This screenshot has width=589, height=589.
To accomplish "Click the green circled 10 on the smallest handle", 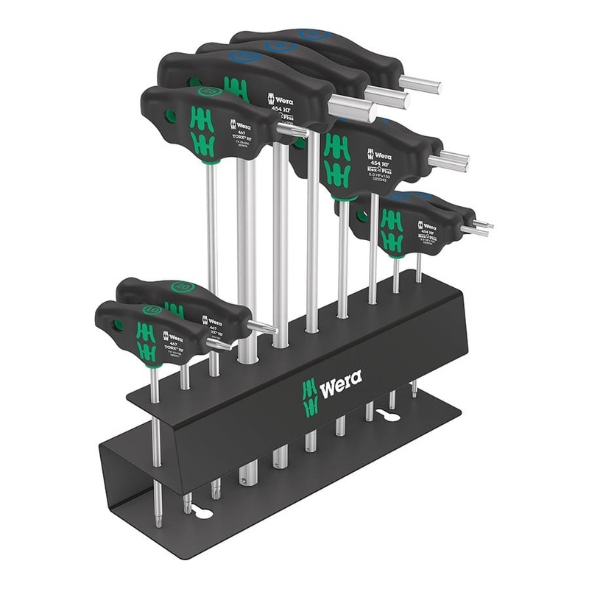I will (x=150, y=310).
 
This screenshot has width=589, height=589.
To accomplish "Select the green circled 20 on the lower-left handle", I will (x=182, y=286).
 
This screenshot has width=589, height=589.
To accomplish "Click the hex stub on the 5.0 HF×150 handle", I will (x=448, y=161).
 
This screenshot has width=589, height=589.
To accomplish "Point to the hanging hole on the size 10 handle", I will (x=119, y=324).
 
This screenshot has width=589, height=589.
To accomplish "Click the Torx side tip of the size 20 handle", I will (x=261, y=326).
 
